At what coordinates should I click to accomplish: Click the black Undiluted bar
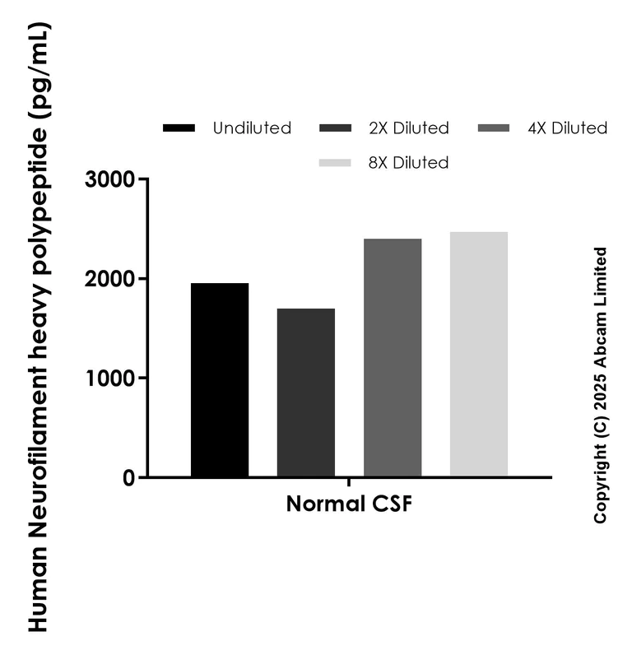pos(220,379)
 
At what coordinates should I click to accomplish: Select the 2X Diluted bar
pos(306,393)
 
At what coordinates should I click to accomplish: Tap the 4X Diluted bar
pos(393,357)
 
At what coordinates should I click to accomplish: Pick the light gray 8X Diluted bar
pos(479,354)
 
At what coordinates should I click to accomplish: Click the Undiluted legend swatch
pos(179,128)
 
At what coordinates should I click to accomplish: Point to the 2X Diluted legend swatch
pos(334,128)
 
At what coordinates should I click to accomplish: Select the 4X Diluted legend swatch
pos(493,128)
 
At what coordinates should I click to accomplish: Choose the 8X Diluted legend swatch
pos(334,163)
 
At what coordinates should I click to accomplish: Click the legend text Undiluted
pos(252,128)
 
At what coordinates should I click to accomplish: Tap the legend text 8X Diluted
pos(409,163)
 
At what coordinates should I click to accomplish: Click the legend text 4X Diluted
pos(568,128)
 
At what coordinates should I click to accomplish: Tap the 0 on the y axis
pos(128,478)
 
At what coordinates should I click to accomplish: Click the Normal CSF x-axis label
pos(349,504)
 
